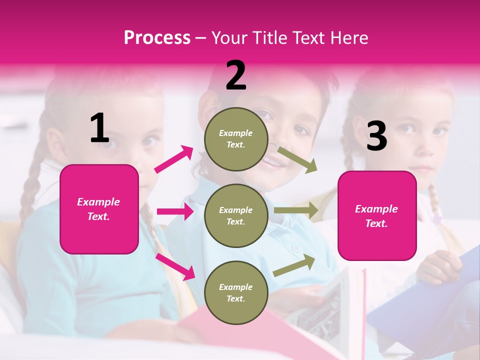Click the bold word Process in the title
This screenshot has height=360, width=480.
pos(157,38)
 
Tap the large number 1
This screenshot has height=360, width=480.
pos(99,128)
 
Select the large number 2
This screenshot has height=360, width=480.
pos(236,75)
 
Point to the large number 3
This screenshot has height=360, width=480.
pos(376,136)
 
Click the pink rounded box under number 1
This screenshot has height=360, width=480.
pos(99,209)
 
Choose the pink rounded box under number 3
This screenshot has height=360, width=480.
pos(377,215)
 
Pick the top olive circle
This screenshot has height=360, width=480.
pos(235,138)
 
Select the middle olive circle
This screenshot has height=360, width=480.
pos(235,215)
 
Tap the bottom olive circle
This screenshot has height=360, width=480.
pos(235,292)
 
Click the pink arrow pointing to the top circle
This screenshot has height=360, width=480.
pos(174,159)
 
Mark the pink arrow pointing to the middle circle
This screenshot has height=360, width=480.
pos(175,211)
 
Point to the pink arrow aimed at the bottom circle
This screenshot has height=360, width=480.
pos(175,266)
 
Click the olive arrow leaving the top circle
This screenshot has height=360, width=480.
pos(297,159)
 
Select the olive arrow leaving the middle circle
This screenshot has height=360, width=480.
pos(295,210)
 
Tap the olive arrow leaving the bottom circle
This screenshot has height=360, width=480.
pos(294,265)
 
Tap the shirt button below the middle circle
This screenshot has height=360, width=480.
pos(295,248)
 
